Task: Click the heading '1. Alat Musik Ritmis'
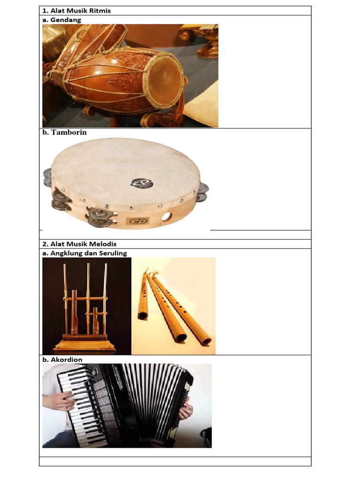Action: (x=76, y=10)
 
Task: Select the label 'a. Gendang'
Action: (x=62, y=20)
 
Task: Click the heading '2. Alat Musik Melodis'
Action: (x=79, y=244)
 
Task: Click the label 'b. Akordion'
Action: (x=62, y=360)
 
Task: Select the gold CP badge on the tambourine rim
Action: (x=139, y=220)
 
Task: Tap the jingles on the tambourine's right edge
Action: (x=202, y=191)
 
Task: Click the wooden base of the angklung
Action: (x=84, y=345)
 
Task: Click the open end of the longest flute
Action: (x=206, y=341)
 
